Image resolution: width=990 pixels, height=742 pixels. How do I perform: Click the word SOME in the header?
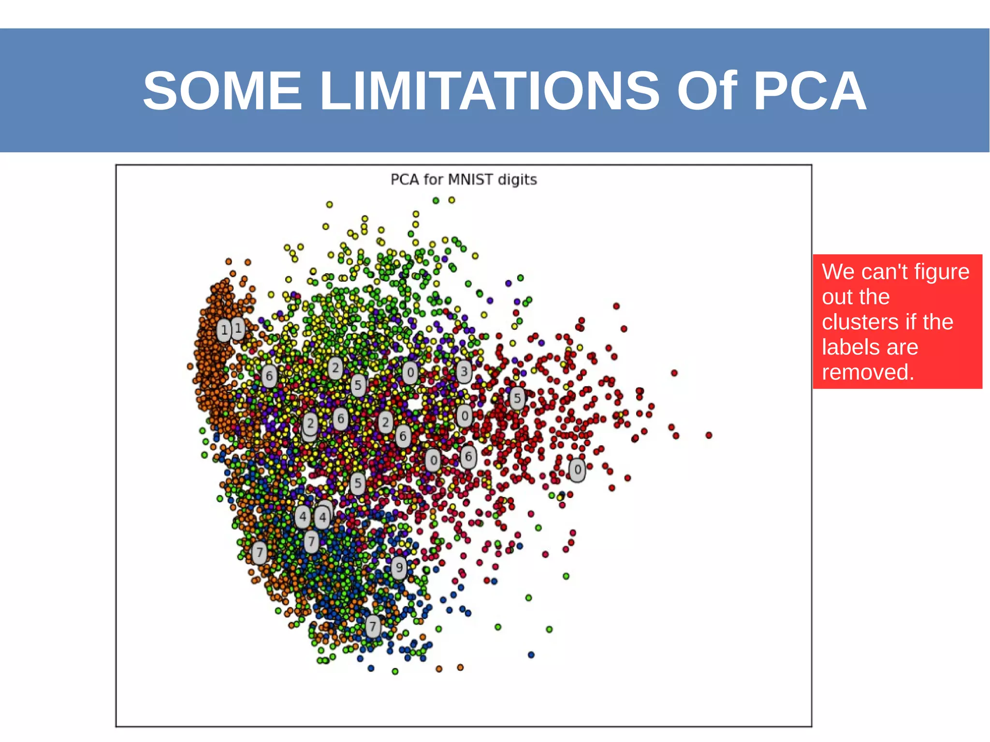click(x=222, y=91)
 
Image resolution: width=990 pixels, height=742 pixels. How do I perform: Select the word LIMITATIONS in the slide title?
click(x=489, y=91)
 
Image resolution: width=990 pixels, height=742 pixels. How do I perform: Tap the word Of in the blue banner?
click(x=707, y=91)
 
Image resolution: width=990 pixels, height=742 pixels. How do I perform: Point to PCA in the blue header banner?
click(x=809, y=91)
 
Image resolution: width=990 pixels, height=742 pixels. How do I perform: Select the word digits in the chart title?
click(x=517, y=180)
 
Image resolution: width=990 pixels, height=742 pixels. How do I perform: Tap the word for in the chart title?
click(x=434, y=180)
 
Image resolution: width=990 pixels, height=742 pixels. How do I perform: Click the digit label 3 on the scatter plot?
click(x=464, y=371)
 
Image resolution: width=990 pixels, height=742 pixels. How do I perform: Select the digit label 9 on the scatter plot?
click(x=399, y=567)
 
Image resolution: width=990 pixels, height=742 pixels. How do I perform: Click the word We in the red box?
click(x=838, y=272)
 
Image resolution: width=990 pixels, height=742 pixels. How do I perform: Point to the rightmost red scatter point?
click(x=709, y=436)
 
